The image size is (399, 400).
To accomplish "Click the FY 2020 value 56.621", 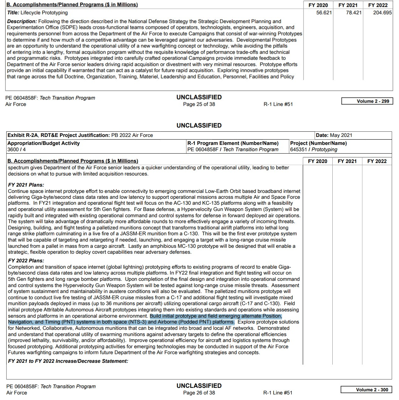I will (x=324, y=13).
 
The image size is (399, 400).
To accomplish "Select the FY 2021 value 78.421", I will (x=354, y=13).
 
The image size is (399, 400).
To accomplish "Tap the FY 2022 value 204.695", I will (x=382, y=13).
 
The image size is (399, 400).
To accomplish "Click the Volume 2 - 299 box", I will (x=367, y=101).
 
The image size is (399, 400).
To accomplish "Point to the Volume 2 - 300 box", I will (x=366, y=390).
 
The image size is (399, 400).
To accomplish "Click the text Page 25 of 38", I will (x=199, y=104).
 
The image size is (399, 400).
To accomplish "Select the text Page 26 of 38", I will (x=199, y=393).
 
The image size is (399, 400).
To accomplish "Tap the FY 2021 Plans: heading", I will (x=26, y=185).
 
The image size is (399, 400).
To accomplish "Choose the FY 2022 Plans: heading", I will (x=26, y=261).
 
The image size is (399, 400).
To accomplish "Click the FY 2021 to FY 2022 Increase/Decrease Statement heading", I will (x=68, y=361).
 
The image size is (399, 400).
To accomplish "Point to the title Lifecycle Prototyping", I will (x=44, y=13).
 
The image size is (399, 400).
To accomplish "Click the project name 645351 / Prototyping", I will (x=314, y=149).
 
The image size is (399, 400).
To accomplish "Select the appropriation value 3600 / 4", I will (x=16, y=149).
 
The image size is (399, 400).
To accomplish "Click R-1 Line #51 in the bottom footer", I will (x=278, y=393).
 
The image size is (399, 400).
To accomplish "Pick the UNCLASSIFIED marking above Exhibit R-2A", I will (x=199, y=125).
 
